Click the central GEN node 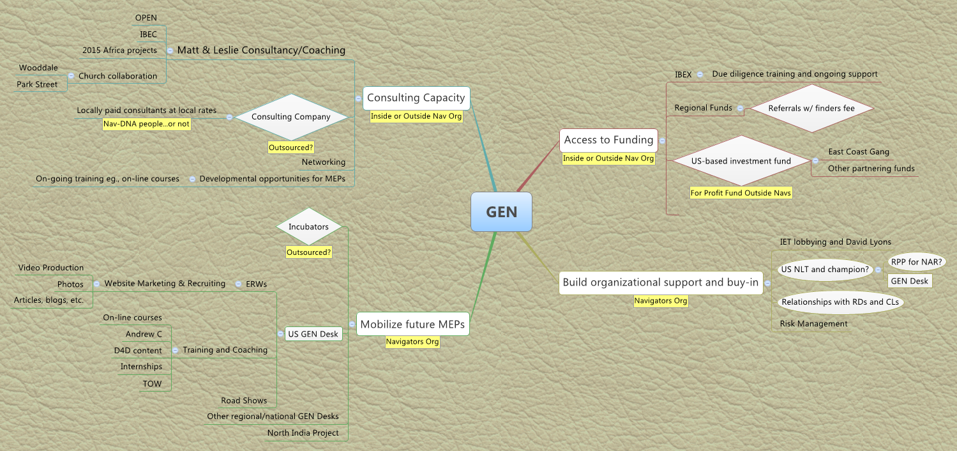point(501,212)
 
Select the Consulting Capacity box point(416,98)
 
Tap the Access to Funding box point(608,140)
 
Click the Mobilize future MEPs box point(412,324)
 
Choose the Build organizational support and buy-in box point(661,282)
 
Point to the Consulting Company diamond point(291,117)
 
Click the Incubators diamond point(308,227)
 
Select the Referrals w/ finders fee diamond point(811,108)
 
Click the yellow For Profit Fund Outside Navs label point(741,192)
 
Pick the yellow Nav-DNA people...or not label point(147,124)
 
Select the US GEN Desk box point(313,334)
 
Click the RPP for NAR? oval point(917,261)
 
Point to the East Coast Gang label point(858,152)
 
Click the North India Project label point(303,433)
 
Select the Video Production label point(51,268)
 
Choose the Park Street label point(37,84)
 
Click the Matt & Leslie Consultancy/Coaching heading point(261,50)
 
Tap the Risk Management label point(813,324)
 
